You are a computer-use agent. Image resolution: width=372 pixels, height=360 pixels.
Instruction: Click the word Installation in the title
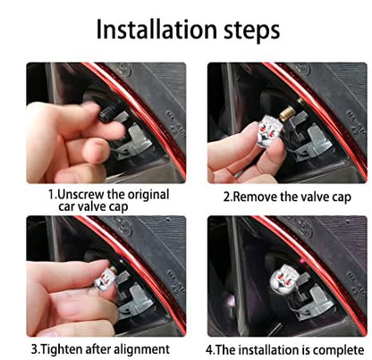(156, 29)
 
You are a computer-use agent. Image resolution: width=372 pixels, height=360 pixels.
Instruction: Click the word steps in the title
(252, 30)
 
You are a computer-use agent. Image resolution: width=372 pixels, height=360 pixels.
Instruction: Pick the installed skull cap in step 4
(283, 281)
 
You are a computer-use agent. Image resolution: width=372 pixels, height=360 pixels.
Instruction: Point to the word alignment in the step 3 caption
(142, 349)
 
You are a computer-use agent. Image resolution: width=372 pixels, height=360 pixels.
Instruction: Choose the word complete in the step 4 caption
(338, 350)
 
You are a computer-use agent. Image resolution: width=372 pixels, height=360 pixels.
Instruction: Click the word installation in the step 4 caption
(271, 349)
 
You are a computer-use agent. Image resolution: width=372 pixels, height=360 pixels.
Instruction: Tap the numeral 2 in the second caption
(226, 197)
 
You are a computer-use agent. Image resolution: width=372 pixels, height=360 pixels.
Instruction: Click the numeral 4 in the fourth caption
(209, 350)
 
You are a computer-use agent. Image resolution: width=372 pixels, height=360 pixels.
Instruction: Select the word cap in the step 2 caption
(342, 198)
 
